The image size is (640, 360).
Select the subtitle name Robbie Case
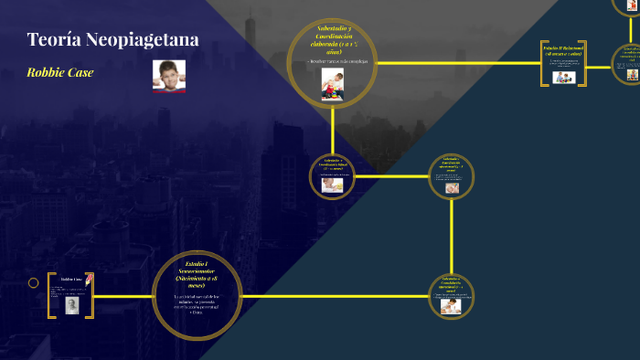(60, 72)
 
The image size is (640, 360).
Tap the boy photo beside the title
(169, 75)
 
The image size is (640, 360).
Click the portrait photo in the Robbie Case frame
(71, 305)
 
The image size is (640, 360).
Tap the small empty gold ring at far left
(34, 283)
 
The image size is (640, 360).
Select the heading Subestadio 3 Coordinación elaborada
(333, 40)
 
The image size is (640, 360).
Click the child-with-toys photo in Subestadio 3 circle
(332, 84)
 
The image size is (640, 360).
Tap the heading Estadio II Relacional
(562, 48)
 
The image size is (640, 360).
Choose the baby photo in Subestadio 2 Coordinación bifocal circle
(332, 184)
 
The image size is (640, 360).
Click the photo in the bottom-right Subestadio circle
(451, 307)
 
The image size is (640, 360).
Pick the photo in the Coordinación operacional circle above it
(452, 188)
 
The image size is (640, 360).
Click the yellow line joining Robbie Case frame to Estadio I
(123, 297)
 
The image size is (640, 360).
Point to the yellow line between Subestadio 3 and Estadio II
(457, 63)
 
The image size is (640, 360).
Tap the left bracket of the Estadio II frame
(543, 63)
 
